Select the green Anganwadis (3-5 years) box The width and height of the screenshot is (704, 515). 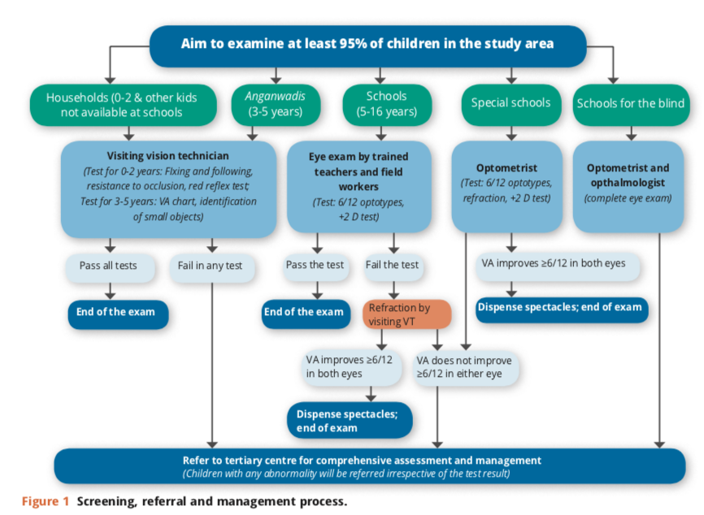pos(276,105)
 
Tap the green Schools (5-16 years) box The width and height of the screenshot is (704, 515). pos(387,105)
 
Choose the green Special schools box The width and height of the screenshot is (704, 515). pos(511,105)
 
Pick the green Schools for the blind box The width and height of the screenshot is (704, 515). pos(631,105)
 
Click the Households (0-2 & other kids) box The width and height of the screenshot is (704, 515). pos(123,105)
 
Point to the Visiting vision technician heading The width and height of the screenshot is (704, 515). pos(168,156)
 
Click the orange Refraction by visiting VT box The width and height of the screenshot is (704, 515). pos(406,314)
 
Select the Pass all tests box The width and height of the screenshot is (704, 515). pos(110,268)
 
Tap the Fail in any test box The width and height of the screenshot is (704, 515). pos(212,268)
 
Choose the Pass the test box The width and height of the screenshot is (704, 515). pos(315,267)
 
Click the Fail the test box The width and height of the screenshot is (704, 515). pos(393,267)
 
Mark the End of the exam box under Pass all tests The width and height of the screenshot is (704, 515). pos(118,314)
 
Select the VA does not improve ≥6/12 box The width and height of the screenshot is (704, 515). pos(466,368)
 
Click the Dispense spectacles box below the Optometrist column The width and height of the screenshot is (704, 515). pos(562,309)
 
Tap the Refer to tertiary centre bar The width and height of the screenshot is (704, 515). pos(370,465)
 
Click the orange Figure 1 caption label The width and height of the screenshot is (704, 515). pos(46,501)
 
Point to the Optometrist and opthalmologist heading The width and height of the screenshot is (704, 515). pos(628,175)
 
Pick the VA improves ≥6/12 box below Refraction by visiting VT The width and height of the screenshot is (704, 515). pos(352,368)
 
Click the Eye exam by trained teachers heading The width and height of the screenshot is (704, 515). pos(359,171)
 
